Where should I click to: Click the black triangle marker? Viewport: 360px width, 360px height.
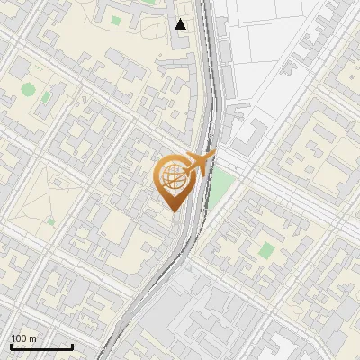[181, 24]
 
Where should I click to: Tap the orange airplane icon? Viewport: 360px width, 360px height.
[197, 164]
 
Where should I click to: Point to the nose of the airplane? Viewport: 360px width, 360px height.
[214, 155]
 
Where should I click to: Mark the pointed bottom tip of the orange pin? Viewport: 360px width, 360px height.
[173, 211]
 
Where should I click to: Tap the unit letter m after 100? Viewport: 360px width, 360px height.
[33, 338]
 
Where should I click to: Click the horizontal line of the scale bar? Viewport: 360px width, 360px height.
[41, 346]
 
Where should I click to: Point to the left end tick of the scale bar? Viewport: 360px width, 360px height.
[11, 345]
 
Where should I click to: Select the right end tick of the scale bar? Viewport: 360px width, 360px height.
[72, 345]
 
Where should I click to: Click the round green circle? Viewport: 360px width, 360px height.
[29, 89]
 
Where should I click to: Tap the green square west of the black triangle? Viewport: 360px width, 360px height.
[115, 20]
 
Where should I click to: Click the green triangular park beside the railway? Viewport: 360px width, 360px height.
[220, 187]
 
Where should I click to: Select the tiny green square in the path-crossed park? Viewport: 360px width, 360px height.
[50, 220]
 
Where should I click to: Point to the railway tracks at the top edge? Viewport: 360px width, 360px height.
[204, 4]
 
